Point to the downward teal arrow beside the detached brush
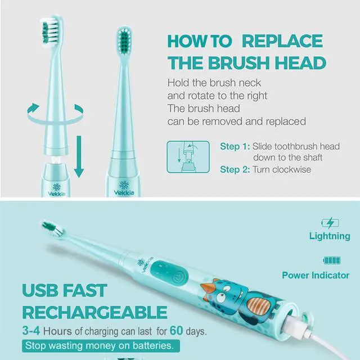click(79, 154)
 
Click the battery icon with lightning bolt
click(330, 223)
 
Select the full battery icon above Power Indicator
click(331, 260)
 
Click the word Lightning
click(330, 236)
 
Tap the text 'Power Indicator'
click(316, 276)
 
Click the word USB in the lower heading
click(44, 290)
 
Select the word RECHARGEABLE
click(94, 312)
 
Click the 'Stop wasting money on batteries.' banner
click(102, 345)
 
